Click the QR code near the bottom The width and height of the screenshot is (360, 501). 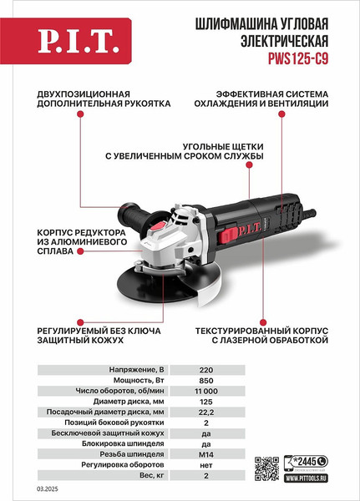tap(266, 467)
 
